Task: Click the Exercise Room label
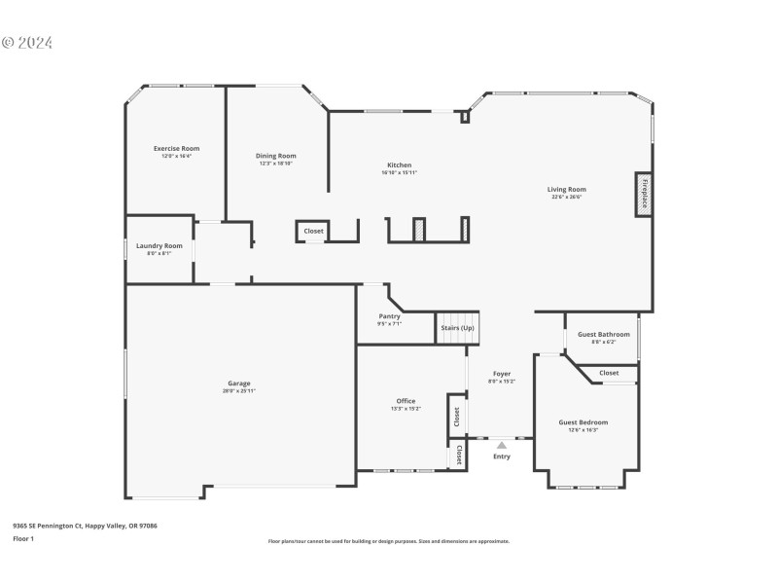coord(176,149)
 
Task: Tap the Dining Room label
coord(276,156)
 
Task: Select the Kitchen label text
coord(399,165)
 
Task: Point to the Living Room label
coord(566,190)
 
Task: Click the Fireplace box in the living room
coord(643,193)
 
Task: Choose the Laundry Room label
coord(159,246)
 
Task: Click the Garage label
coord(238,383)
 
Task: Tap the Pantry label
coord(389,316)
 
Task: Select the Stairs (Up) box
coord(457,328)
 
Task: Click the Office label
coord(406,401)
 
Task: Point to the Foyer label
coord(502,374)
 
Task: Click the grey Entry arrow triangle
coord(502,445)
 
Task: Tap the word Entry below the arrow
coord(502,456)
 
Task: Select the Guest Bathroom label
coord(604,335)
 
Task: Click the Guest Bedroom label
coord(583,422)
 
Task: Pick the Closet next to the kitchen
coord(313,231)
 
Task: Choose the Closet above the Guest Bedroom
coord(609,373)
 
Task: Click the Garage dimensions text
coord(238,390)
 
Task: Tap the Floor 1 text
coord(23,538)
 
